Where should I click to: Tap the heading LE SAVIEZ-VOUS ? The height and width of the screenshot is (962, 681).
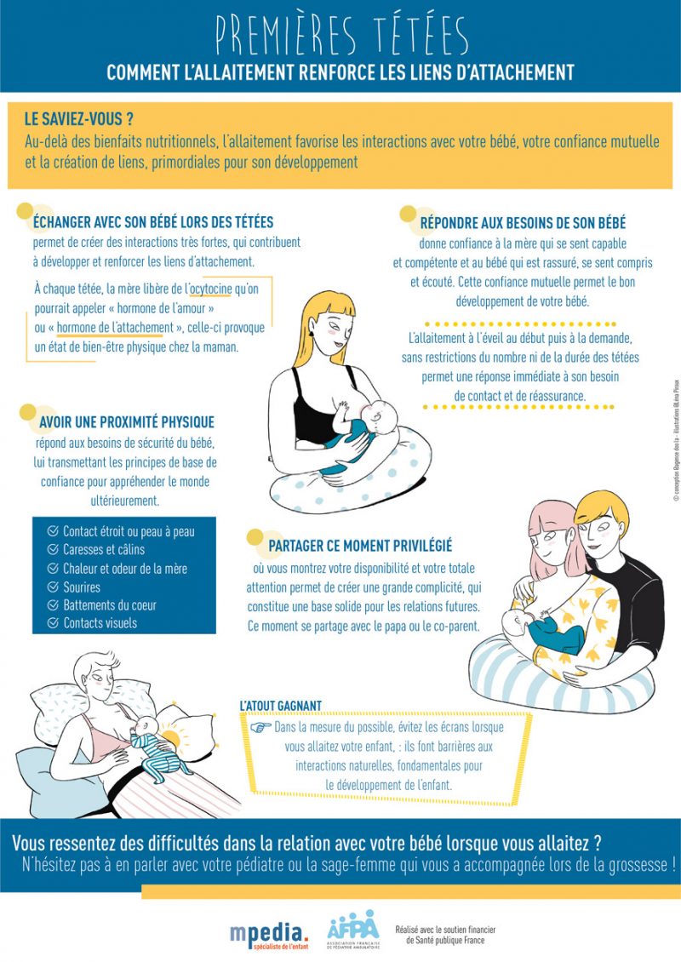point(79,119)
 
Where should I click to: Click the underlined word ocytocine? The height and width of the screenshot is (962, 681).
point(211,289)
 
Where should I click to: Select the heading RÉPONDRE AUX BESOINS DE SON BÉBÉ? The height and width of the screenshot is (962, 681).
point(523,223)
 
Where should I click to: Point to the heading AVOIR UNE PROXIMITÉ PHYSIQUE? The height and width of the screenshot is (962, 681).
point(127,421)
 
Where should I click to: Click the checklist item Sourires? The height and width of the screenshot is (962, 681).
point(82,587)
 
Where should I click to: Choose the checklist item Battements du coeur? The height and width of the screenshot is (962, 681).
point(110,605)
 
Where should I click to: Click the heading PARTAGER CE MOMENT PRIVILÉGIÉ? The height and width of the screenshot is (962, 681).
point(359,546)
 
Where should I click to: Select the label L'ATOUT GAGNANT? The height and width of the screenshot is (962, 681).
point(280,706)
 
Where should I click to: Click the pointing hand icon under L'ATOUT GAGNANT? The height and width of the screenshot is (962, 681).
point(260,728)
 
